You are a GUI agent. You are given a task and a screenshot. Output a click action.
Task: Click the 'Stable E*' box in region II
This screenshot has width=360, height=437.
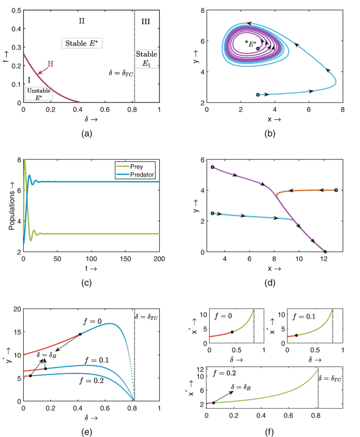[x=81, y=43]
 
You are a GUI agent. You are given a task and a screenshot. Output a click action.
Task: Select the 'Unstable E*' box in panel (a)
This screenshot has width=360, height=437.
[x=38, y=94]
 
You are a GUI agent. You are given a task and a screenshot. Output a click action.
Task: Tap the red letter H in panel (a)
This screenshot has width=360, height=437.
[x=50, y=64]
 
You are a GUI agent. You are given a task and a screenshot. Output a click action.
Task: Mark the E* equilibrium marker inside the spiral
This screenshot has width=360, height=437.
[x=258, y=48]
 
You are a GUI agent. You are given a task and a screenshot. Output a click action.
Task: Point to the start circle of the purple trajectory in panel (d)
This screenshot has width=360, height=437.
[x=212, y=167]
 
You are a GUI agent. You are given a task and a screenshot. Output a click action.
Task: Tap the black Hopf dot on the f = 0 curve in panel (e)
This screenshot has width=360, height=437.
[x=80, y=334]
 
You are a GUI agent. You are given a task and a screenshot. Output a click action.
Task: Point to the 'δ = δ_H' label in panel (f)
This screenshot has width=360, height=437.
[x=243, y=388]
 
